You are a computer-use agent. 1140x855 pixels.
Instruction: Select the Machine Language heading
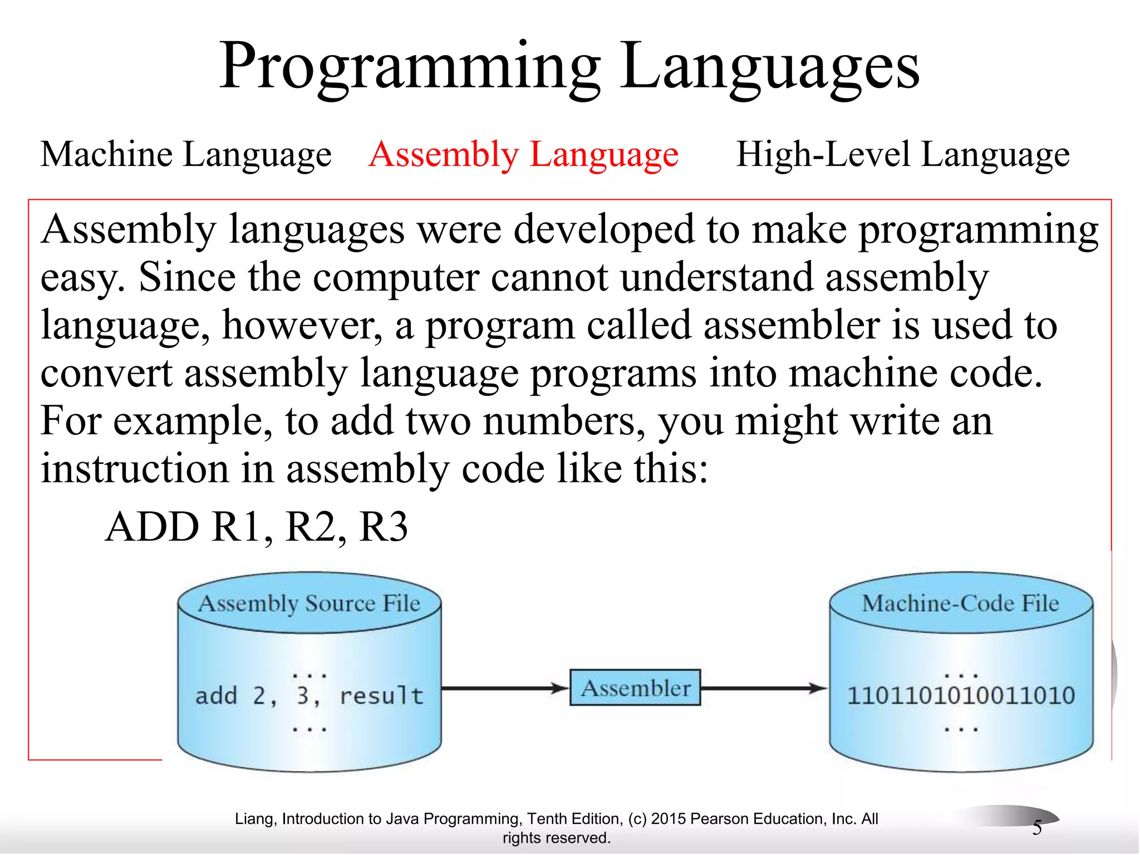pos(186,154)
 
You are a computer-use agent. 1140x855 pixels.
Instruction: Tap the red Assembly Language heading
pos(523,154)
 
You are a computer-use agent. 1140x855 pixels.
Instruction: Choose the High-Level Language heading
pos(902,154)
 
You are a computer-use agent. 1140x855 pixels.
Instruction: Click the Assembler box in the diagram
pos(635,688)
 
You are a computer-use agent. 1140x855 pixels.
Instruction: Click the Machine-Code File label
pos(960,603)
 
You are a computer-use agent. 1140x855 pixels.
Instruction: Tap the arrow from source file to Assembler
pos(504,689)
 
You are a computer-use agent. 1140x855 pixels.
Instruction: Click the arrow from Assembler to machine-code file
pos(763,689)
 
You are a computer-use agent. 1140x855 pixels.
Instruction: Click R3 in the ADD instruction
pos(384,527)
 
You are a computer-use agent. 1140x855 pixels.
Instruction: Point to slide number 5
pos(1036,828)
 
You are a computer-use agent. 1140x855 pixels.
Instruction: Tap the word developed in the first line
pos(603,229)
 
